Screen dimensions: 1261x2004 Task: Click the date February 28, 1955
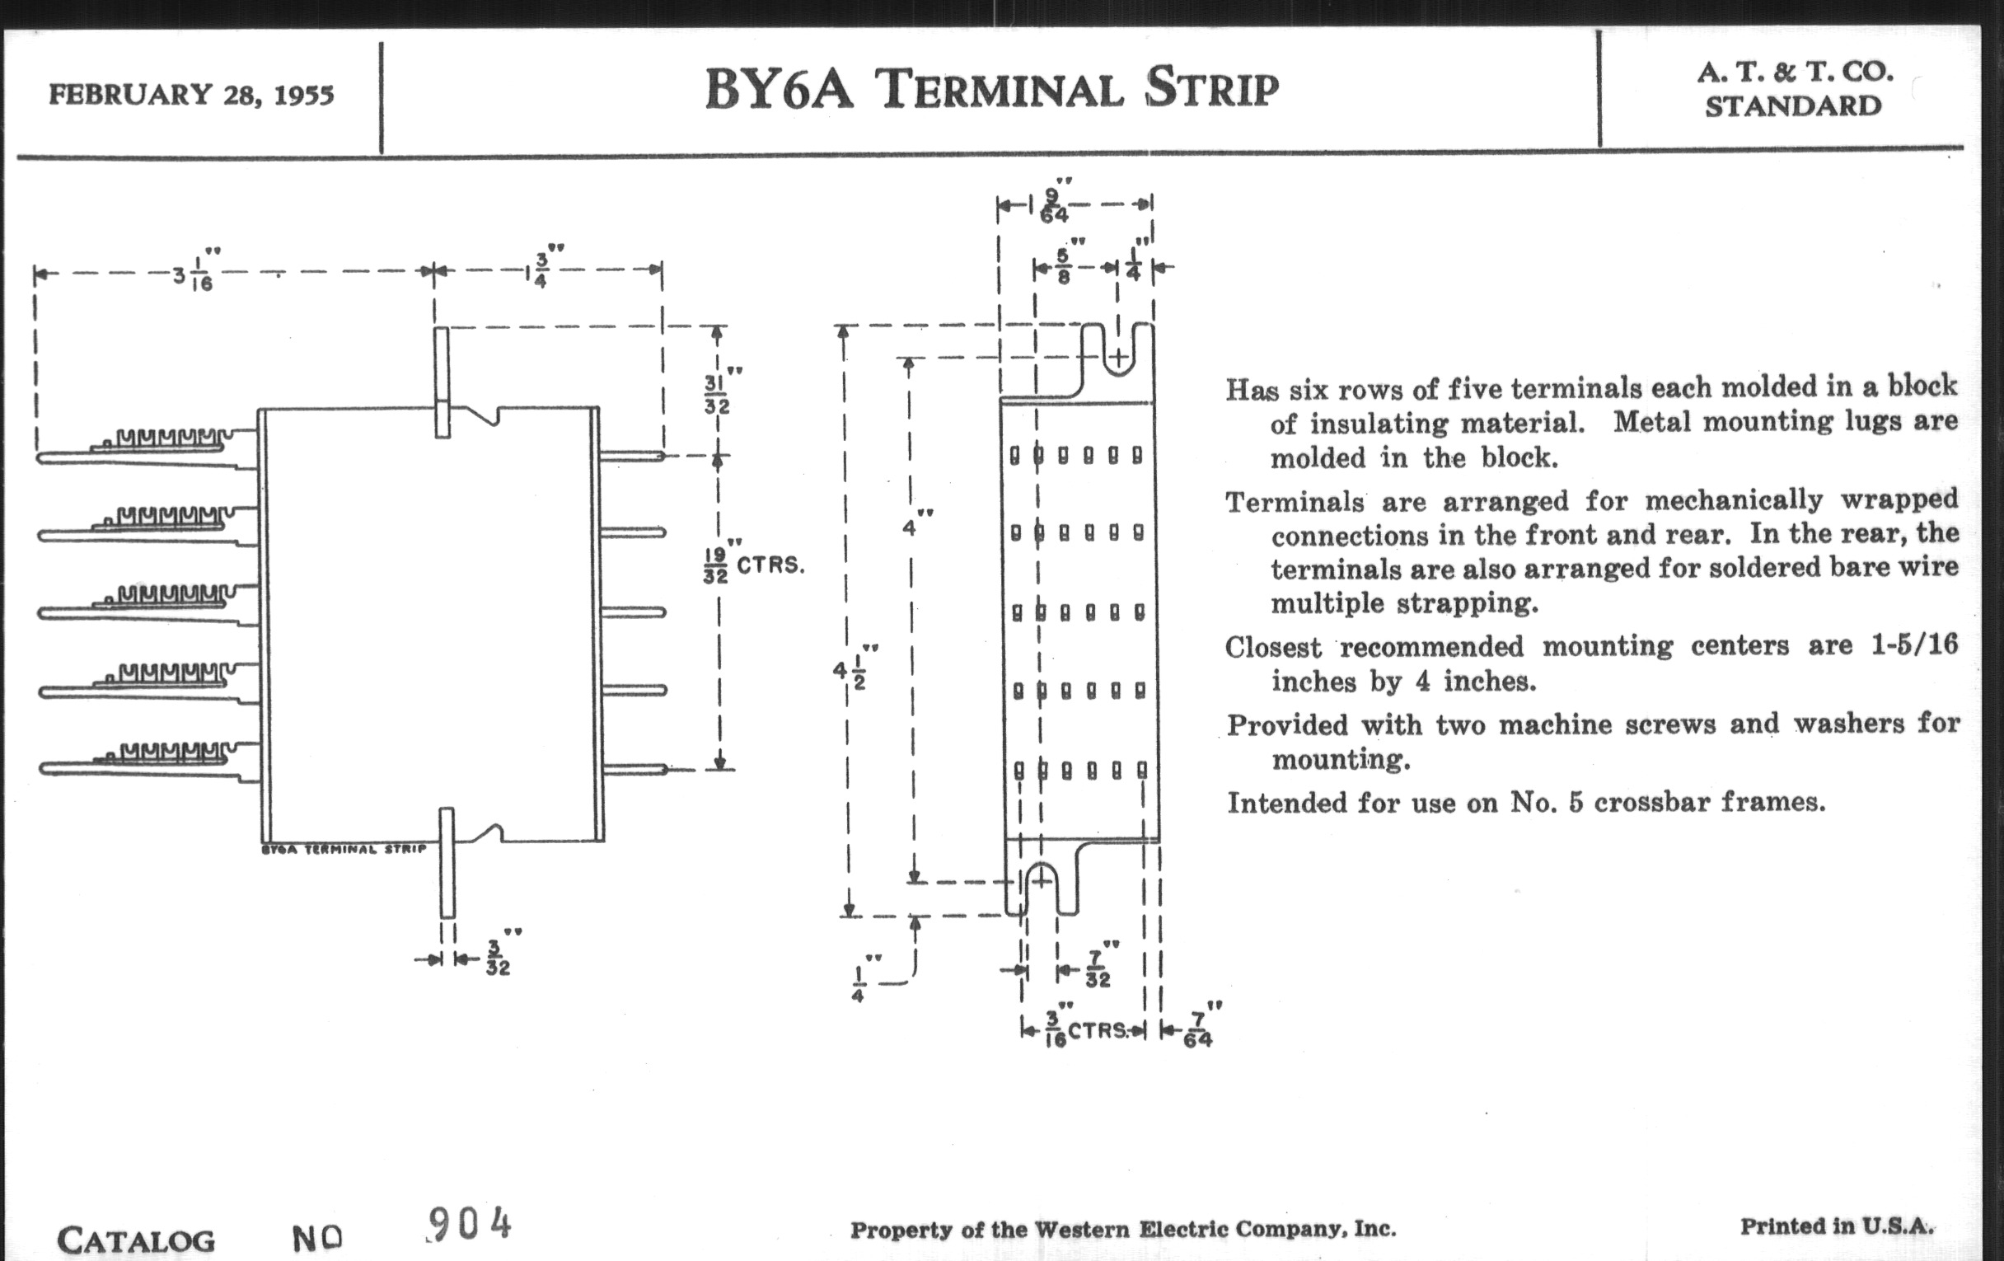(191, 95)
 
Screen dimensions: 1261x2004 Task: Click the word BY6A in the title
(779, 89)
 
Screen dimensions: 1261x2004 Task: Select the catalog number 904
(470, 1225)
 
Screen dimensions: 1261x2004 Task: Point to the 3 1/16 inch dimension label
(194, 275)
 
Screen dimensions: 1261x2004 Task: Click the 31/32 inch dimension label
(716, 395)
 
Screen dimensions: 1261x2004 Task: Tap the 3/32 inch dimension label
(498, 959)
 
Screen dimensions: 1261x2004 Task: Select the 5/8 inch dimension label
(1063, 267)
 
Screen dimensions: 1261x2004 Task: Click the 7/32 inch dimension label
(1097, 970)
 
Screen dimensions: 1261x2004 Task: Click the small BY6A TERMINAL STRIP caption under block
(344, 849)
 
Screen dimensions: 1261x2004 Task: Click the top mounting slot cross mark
(1119, 358)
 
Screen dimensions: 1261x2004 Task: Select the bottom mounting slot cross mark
(1041, 880)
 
